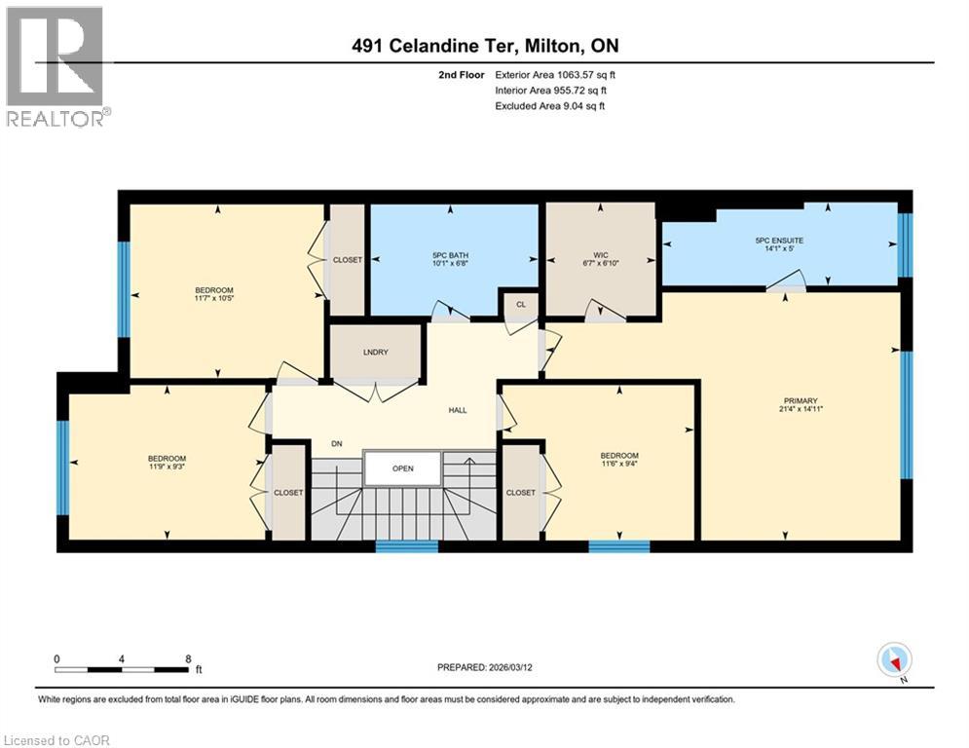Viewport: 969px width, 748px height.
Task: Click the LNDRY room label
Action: tap(375, 352)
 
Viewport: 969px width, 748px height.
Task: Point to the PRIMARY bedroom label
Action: tap(801, 400)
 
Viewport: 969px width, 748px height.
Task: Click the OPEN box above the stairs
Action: tap(403, 468)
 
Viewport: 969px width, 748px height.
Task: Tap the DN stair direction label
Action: tap(336, 444)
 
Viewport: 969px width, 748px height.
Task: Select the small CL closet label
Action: tap(520, 304)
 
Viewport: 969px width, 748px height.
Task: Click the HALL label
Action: tap(458, 410)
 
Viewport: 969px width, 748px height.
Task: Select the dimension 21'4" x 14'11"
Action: tap(801, 410)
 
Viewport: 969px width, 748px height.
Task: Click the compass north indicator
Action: tap(893, 662)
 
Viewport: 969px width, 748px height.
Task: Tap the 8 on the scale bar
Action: tap(187, 658)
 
